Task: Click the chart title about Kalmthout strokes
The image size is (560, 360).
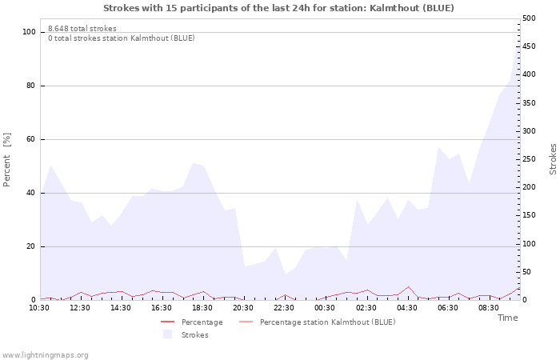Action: (278, 8)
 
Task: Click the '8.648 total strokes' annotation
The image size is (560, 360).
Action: (82, 29)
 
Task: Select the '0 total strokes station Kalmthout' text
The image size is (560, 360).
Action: (121, 38)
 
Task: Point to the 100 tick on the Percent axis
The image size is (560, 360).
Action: (30, 32)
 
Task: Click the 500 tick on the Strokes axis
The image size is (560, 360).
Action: (530, 18)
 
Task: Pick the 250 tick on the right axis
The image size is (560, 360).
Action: (530, 159)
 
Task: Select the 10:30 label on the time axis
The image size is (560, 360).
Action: (39, 308)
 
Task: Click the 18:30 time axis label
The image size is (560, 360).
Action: (202, 308)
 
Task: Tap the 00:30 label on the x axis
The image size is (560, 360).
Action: (325, 308)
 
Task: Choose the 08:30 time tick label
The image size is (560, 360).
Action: (488, 308)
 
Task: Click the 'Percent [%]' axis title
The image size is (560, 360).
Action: (7, 160)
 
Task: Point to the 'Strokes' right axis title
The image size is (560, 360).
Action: (553, 159)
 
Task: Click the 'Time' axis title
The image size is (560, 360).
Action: (507, 318)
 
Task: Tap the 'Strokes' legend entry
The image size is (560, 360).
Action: (194, 335)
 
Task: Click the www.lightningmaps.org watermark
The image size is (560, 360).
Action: (45, 354)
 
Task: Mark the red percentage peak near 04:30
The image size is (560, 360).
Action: (408, 286)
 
